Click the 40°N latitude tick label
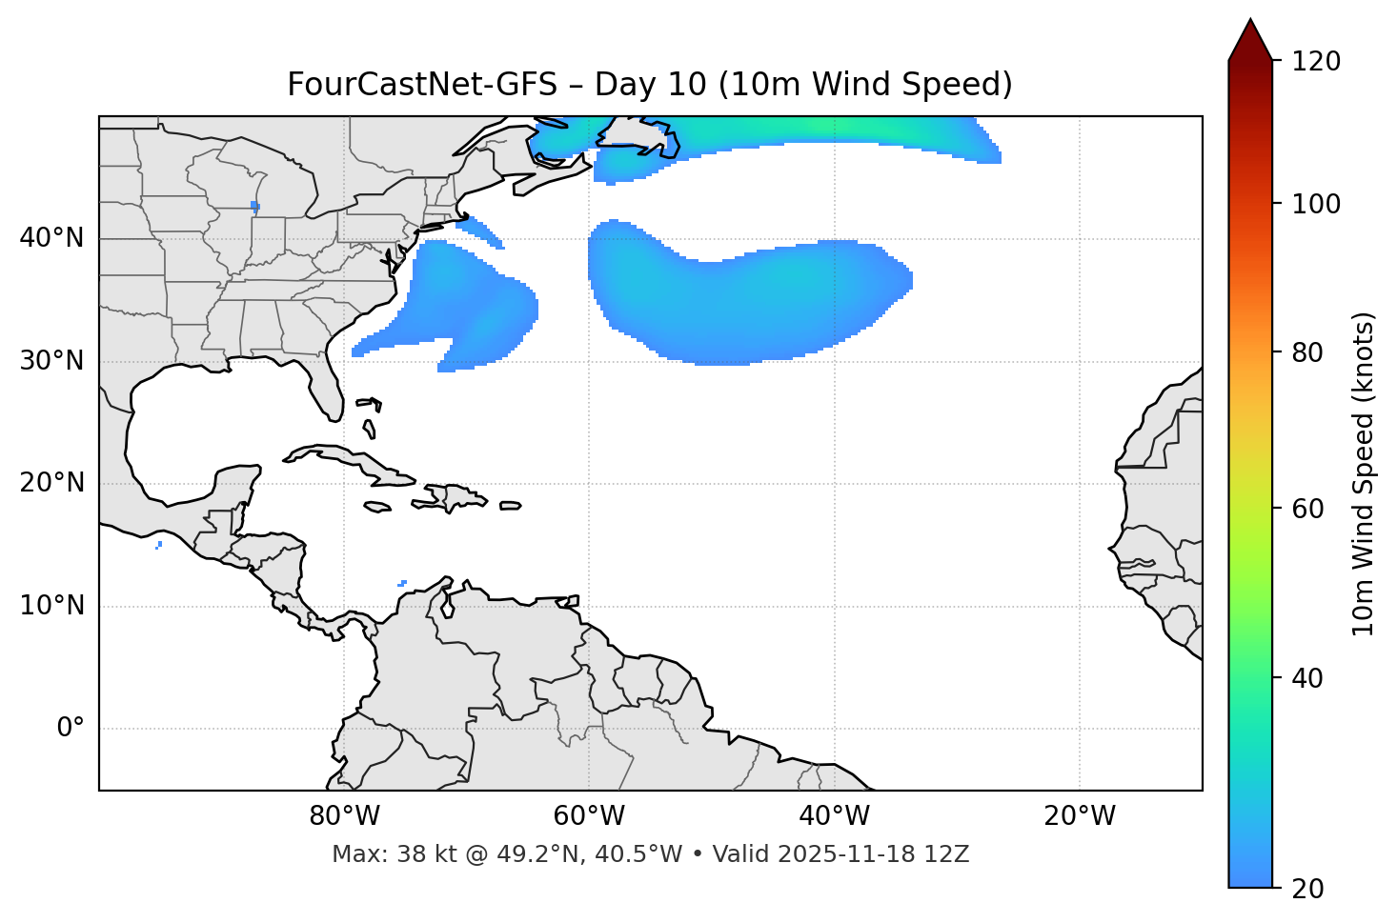coord(51,238)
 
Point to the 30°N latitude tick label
coord(51,361)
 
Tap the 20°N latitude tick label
coord(51,483)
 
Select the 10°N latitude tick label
coord(51,606)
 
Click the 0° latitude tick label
coord(70,729)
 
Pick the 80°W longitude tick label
coord(344,816)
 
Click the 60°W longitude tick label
coord(589,816)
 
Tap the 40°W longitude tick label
coord(834,816)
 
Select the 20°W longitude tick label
coord(1079,816)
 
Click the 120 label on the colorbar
coord(1316,62)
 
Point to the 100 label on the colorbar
coord(1316,204)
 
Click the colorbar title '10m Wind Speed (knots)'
coord(1364,473)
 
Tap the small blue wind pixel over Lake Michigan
coord(254,205)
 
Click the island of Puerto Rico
coord(511,506)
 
